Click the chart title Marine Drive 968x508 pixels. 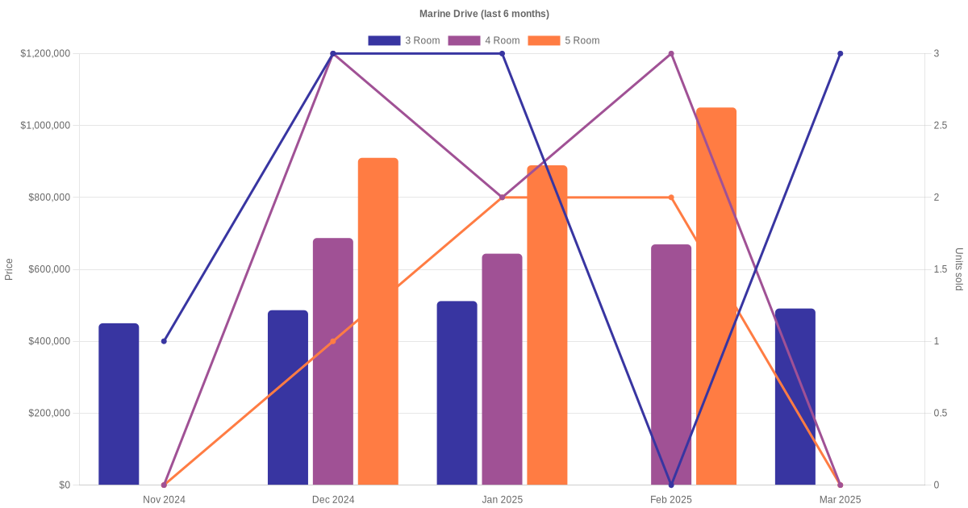click(484, 14)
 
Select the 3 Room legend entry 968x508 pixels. click(403, 40)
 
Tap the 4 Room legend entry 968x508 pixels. click(483, 40)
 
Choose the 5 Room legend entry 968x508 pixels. click(563, 40)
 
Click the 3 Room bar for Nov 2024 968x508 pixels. click(119, 404)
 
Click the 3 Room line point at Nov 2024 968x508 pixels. click(164, 341)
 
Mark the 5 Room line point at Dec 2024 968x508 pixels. click(333, 341)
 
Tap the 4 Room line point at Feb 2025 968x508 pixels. click(671, 54)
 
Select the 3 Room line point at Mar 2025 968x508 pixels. click(840, 54)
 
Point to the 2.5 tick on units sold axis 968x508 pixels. click(941, 126)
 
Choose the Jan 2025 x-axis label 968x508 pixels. click(502, 500)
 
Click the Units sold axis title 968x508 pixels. click(958, 269)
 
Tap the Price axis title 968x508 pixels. click(9, 269)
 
